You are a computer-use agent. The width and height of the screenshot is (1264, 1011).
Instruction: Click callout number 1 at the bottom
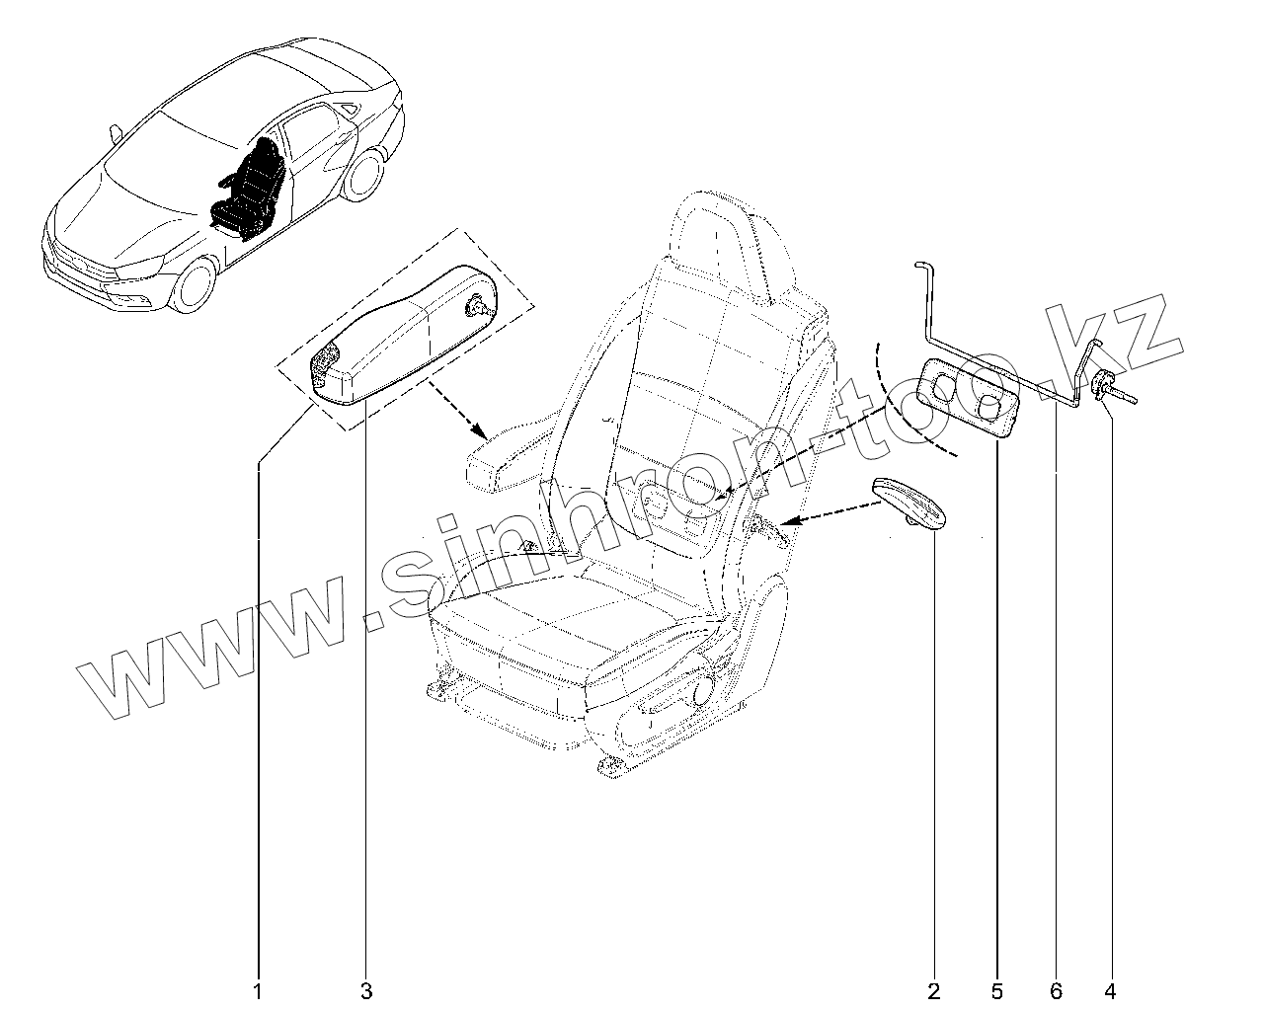(x=259, y=990)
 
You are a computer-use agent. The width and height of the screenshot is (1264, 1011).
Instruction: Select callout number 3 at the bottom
(x=366, y=990)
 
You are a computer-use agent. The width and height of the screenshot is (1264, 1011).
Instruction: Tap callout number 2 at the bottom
(x=933, y=990)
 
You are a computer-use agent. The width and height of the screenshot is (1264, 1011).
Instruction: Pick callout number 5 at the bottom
(x=996, y=990)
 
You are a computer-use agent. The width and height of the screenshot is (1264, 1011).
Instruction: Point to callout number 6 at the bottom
(x=1056, y=990)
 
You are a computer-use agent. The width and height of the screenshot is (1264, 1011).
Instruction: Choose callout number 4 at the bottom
(x=1111, y=990)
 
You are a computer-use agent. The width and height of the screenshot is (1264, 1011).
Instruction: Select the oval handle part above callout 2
(x=908, y=504)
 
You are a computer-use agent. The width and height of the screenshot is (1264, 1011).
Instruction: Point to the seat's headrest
(x=736, y=247)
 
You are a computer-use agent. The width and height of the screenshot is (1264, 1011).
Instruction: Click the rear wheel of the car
(x=366, y=173)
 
